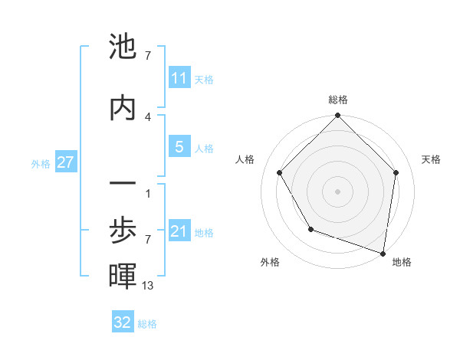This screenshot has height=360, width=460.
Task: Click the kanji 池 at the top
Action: pos(123,47)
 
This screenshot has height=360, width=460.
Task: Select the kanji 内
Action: pos(123,108)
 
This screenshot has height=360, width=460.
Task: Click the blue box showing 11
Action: pos(179,78)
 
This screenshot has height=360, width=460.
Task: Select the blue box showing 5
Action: pos(179,147)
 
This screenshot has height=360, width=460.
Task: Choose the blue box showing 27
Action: pos(65,162)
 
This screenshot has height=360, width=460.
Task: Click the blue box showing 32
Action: pos(123,322)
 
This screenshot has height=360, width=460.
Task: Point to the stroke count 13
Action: pos(148,286)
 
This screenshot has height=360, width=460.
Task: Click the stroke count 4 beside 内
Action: pos(147,116)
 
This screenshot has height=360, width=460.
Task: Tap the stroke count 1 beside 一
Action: pos(147,193)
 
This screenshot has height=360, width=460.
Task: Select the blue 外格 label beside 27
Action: pos(41,163)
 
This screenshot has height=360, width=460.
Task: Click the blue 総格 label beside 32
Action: pos(147,324)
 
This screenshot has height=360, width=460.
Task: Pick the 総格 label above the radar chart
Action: pos(337,100)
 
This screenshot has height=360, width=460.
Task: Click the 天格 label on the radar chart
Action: pos(431,159)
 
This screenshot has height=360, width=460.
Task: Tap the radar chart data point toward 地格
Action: pos(383,253)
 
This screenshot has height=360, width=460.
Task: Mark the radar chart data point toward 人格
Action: pos(279,172)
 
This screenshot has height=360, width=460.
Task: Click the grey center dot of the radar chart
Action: pos(337,191)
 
